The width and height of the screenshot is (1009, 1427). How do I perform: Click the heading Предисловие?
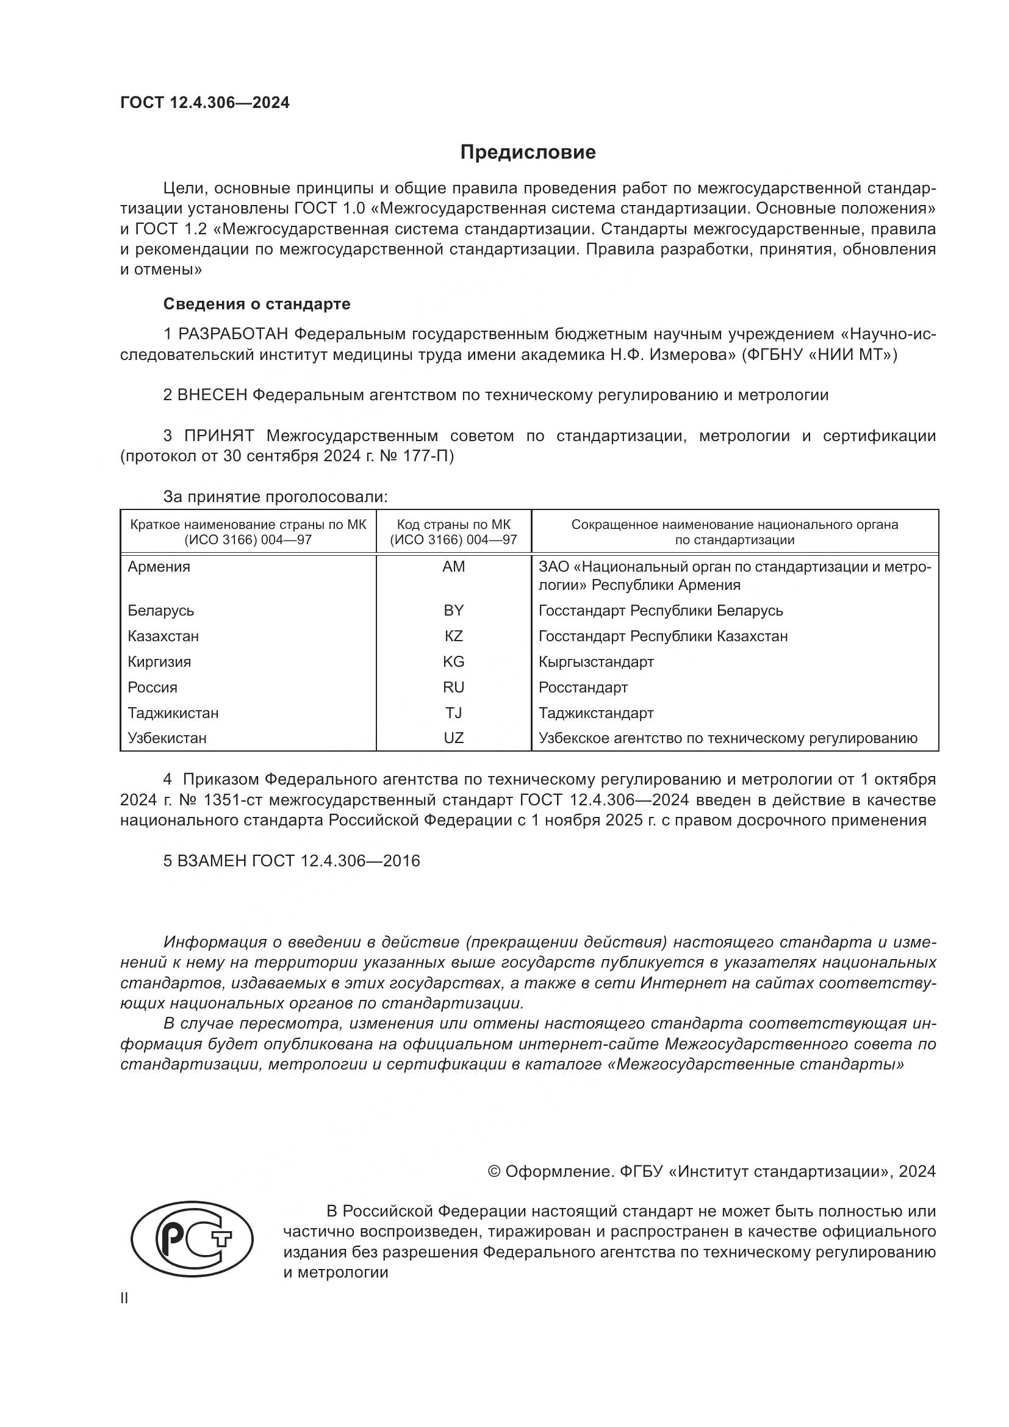coord(528,153)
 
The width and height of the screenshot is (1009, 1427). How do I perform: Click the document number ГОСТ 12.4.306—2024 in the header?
coord(205,102)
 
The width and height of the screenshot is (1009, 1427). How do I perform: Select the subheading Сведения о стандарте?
coord(257,304)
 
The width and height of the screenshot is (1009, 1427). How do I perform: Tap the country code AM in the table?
coord(453,567)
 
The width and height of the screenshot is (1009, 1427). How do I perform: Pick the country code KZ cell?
coord(453,636)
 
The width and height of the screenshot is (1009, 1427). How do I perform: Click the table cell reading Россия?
coord(153,688)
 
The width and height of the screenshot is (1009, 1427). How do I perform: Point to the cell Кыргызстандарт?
coord(596,662)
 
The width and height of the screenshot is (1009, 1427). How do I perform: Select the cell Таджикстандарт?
coord(596,713)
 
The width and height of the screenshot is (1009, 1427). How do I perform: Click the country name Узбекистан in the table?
coord(167,738)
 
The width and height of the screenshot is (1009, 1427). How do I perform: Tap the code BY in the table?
coord(453,611)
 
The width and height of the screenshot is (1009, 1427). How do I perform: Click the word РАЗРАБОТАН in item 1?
coord(233,334)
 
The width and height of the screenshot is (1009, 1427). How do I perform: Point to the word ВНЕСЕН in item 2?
coord(212,395)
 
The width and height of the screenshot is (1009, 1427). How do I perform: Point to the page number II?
coord(124,1298)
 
